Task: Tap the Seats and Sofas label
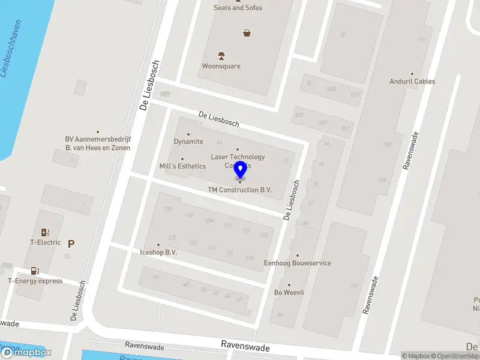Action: (x=238, y=8)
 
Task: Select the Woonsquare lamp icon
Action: (x=221, y=56)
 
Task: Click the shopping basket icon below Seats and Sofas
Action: (x=247, y=34)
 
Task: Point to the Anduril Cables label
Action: (x=412, y=82)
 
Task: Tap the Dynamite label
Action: (x=188, y=142)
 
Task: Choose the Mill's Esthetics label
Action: (x=182, y=166)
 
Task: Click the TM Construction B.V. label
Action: (x=240, y=190)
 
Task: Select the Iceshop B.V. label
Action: (x=158, y=253)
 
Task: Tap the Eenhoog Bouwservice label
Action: (x=297, y=263)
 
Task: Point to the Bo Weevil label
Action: (x=289, y=293)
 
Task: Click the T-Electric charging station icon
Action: (x=45, y=232)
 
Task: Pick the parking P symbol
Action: (x=71, y=244)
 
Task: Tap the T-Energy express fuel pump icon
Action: (x=35, y=271)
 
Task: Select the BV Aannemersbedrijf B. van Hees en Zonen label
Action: (x=98, y=143)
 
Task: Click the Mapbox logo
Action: (x=26, y=353)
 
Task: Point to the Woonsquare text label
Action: (x=221, y=66)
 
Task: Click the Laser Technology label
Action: (x=238, y=157)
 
